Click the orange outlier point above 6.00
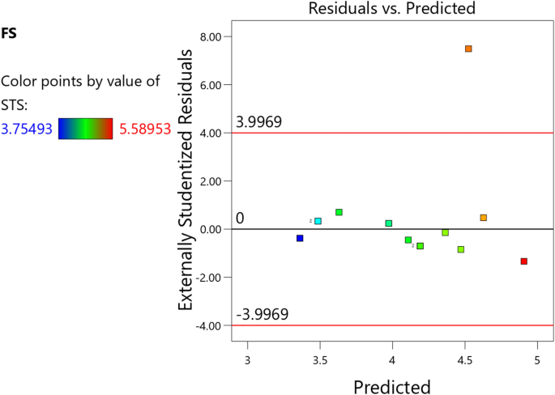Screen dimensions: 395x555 pos(468,49)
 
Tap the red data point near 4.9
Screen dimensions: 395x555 pos(524,261)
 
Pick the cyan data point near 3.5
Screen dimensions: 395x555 pos(318,221)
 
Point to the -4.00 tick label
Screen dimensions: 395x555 pos(210,325)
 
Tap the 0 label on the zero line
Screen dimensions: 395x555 pos(240,219)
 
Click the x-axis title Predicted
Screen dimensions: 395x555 pos(392,385)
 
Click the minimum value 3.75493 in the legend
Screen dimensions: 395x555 pos(27,128)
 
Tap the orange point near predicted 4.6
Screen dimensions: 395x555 pos(483,218)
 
